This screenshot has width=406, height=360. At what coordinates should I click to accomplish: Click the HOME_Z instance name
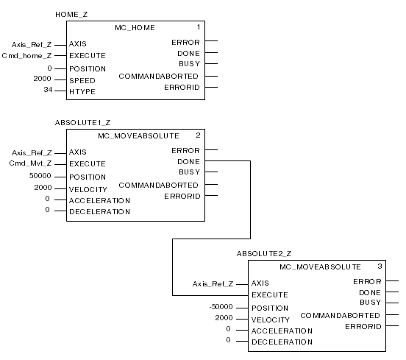point(71,15)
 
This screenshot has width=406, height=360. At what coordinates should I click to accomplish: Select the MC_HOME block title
point(135,28)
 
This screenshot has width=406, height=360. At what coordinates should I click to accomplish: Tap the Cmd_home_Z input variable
point(26,56)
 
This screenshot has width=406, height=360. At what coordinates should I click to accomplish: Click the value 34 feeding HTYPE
point(48,90)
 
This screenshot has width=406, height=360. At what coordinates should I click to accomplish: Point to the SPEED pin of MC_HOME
point(82,80)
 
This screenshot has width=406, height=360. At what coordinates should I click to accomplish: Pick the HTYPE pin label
point(82,92)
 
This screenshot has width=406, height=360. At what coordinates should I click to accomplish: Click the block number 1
point(199,27)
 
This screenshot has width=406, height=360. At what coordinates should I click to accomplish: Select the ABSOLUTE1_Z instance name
point(83,123)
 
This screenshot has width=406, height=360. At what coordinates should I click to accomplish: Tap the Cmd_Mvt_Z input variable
point(30,163)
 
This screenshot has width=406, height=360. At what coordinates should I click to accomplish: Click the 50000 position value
point(40,176)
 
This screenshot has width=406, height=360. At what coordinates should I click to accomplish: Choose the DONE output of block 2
point(188,162)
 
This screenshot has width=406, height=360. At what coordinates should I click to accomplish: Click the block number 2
point(198,135)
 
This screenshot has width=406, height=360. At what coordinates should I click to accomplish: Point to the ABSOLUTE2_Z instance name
point(264,254)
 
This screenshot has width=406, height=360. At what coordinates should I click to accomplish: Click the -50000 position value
point(221,307)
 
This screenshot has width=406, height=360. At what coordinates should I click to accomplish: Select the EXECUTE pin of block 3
point(270,295)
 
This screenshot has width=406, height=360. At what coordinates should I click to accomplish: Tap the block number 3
point(380,267)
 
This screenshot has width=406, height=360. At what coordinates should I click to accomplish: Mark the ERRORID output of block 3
point(363,327)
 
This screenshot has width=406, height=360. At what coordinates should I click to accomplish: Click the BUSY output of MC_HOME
point(189,64)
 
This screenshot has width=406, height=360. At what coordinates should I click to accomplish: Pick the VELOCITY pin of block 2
point(88,190)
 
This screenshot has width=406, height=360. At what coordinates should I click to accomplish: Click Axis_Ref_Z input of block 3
point(213,284)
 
